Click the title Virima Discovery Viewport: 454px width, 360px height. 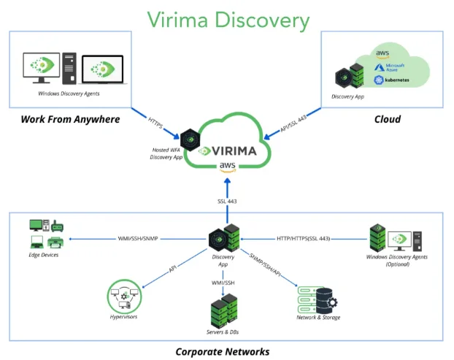(x=228, y=20)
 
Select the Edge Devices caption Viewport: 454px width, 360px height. (x=45, y=255)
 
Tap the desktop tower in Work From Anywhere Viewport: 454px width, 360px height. (x=69, y=66)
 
